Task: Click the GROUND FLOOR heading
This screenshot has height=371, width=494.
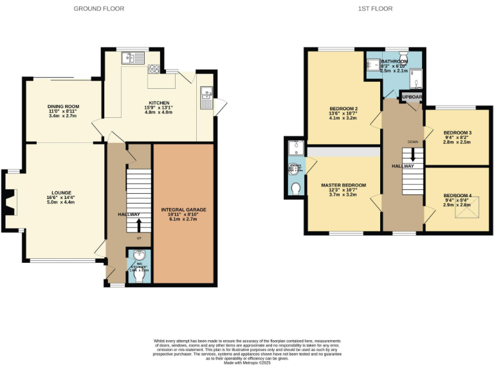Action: tap(98, 8)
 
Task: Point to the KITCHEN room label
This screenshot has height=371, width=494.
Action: tap(159, 102)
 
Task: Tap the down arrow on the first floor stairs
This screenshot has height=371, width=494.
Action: tap(412, 155)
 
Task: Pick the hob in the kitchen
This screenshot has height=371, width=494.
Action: tap(154, 69)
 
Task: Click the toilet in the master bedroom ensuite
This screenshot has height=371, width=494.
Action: tap(295, 188)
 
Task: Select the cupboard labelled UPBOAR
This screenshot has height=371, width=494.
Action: tap(412, 97)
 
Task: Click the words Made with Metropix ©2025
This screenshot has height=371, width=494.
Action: tap(246, 363)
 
